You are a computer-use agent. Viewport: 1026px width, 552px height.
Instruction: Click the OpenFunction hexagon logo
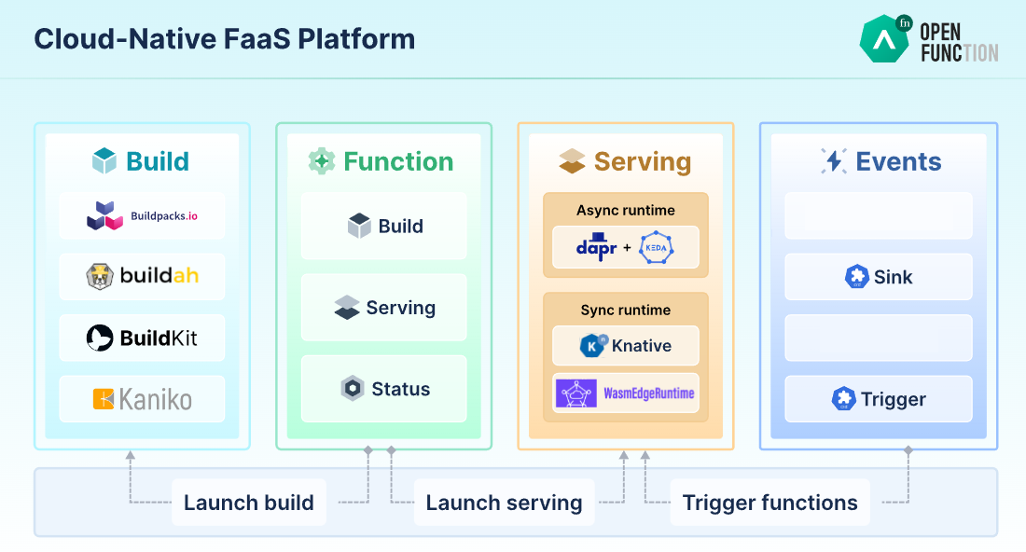885,39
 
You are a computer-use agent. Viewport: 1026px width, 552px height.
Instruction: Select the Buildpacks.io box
142,215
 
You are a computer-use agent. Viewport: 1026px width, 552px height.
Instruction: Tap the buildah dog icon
100,276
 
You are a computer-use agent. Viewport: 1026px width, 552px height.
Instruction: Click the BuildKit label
159,338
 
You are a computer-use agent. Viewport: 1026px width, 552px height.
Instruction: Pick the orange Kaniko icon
104,399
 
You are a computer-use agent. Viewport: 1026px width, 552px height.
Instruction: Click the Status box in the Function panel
384,389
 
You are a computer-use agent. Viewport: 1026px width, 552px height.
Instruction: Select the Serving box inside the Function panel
384,308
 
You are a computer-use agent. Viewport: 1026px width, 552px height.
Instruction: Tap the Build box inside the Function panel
384,226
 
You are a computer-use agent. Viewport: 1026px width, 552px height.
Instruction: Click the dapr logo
596,247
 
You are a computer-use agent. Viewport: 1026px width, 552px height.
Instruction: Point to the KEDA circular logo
657,248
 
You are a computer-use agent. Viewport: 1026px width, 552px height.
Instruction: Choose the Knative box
626,345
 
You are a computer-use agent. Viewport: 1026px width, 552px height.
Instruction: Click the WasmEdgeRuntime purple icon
575,393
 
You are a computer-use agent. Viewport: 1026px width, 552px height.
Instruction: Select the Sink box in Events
879,277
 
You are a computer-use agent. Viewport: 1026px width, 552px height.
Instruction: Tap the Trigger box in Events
879,399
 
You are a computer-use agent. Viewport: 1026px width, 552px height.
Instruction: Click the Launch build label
249,503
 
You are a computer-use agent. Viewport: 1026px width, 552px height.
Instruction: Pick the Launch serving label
504,503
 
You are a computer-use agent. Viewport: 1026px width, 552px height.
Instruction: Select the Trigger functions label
770,503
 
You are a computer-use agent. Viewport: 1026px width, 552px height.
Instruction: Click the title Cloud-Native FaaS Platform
225,39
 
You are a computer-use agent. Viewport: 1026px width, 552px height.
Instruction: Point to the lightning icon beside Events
834,161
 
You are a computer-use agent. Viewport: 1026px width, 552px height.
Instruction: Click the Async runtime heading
626,210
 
